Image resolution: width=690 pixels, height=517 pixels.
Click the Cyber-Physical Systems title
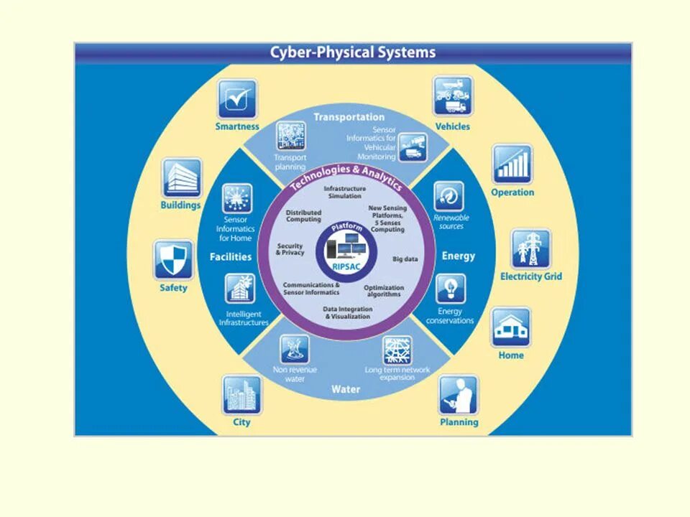(352, 52)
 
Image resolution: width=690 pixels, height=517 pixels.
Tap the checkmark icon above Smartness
(237, 99)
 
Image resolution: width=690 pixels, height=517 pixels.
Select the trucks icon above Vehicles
(452, 96)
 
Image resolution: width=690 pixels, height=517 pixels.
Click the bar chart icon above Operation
(512, 164)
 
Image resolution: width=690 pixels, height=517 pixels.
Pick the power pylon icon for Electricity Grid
(531, 248)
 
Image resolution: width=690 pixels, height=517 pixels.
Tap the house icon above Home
(511, 327)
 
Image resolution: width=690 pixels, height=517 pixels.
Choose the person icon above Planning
(459, 394)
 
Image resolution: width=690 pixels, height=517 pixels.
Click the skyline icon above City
(241, 394)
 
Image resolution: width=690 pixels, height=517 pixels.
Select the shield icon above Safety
(173, 259)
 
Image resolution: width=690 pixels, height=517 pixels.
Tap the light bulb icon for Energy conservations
(450, 289)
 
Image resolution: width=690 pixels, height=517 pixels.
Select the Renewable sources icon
(449, 195)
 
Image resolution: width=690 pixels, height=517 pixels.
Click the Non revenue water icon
(295, 349)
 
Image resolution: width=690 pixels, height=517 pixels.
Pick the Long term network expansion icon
(397, 350)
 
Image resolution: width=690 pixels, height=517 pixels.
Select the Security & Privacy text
(290, 249)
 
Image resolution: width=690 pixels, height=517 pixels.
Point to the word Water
(346, 390)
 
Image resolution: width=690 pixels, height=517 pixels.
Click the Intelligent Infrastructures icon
(240, 289)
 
